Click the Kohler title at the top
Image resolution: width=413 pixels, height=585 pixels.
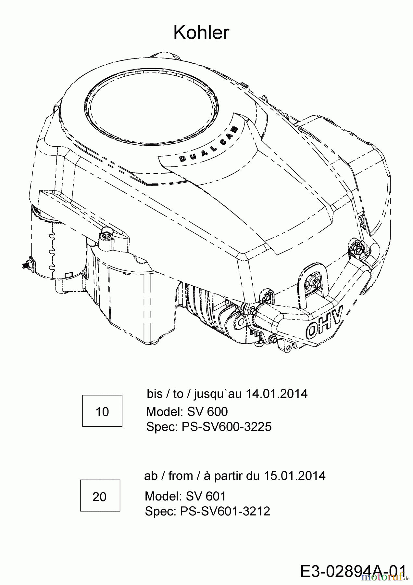tap(201, 33)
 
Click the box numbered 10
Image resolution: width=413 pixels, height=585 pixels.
tap(102, 411)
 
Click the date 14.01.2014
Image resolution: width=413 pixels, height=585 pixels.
tap(276, 394)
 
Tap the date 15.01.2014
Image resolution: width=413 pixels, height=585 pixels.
tap(294, 476)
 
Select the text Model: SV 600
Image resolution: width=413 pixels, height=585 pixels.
tap(187, 411)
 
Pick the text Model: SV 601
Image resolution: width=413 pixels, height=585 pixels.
tap(185, 496)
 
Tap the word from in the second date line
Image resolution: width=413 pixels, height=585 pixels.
tap(180, 476)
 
